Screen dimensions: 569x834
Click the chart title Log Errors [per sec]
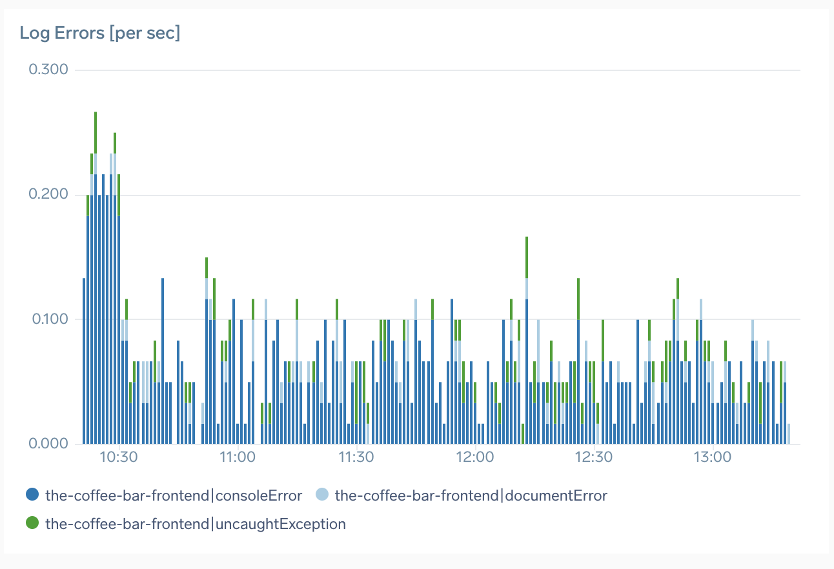tap(100, 34)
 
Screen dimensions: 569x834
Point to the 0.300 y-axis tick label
tap(49, 70)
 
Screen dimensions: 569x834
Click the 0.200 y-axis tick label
tap(49, 195)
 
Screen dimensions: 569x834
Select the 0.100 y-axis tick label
tap(49, 319)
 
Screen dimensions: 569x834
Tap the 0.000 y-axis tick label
tap(49, 444)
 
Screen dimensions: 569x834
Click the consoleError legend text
tap(174, 495)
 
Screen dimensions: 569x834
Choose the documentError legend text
tap(471, 495)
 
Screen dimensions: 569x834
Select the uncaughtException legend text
tap(196, 524)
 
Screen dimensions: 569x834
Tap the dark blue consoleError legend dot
tap(32, 495)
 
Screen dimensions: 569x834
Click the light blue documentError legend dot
tap(322, 495)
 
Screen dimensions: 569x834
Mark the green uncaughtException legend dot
tap(32, 523)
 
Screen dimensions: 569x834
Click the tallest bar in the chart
tap(96, 277)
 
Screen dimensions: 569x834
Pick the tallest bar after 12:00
tap(527, 342)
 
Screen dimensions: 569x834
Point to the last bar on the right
tap(789, 434)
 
